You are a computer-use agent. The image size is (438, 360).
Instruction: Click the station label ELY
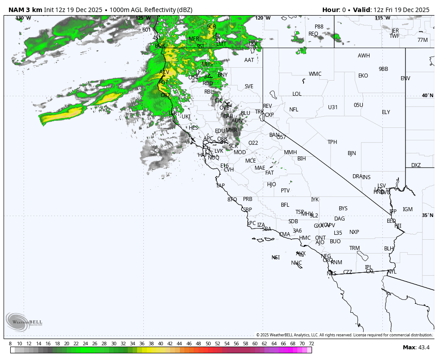(x=386, y=112)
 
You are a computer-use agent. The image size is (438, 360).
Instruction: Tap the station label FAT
(x=270, y=173)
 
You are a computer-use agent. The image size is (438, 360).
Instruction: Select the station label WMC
(x=315, y=74)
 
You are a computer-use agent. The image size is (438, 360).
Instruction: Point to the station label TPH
(x=333, y=142)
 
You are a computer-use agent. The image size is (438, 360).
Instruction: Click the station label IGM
(x=408, y=209)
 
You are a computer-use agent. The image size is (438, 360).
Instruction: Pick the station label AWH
(x=364, y=56)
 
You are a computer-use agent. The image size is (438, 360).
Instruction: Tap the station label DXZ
(x=416, y=165)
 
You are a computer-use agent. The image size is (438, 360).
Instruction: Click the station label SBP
(x=247, y=210)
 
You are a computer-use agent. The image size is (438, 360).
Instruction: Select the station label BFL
(x=285, y=205)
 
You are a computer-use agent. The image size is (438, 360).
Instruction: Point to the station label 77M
(x=422, y=40)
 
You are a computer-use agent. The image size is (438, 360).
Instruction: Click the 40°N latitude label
(x=427, y=96)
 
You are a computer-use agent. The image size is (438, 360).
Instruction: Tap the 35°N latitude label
(x=427, y=216)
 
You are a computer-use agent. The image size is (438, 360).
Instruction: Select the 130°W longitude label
(x=23, y=18)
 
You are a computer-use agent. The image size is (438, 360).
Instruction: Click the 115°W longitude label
(x=382, y=18)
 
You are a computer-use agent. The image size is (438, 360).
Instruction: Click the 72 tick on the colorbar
(x=311, y=344)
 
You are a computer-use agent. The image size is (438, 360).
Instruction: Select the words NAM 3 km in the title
(x=25, y=10)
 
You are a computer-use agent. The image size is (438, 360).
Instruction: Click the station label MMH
(x=290, y=152)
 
